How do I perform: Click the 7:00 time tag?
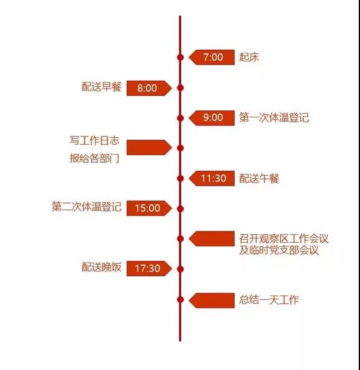point(212,57)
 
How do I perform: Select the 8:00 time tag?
point(149,88)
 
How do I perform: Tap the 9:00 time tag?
point(212,118)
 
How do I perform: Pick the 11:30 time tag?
point(212,178)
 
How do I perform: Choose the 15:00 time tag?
point(149,208)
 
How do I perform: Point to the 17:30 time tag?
point(149,268)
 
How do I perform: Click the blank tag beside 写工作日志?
point(149,148)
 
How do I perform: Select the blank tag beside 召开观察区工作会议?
point(212,238)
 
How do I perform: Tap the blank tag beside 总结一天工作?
point(212,300)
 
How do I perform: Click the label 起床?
point(249,57)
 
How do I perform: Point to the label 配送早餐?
point(101,87)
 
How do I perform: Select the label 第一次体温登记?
point(274,117)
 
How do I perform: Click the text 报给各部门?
point(94,158)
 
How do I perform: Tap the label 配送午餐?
point(259,178)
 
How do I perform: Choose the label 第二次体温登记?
point(86,207)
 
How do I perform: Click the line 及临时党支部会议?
point(279,250)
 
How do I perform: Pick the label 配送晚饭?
point(101,267)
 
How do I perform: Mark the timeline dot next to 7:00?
point(180,57)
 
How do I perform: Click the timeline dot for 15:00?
point(180,209)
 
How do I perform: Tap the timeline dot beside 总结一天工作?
point(180,300)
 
